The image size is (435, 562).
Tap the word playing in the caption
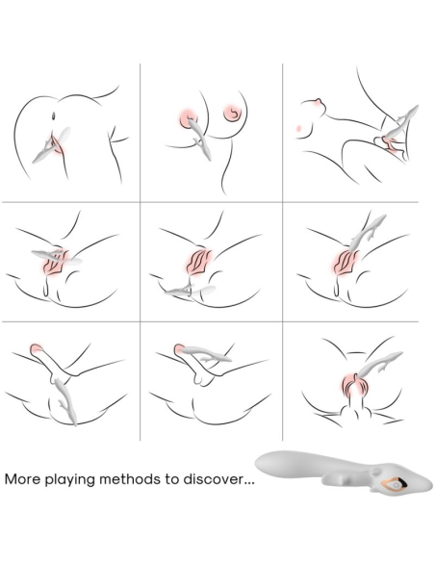75,478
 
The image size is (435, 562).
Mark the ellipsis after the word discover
248,480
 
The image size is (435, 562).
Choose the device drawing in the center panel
189,290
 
